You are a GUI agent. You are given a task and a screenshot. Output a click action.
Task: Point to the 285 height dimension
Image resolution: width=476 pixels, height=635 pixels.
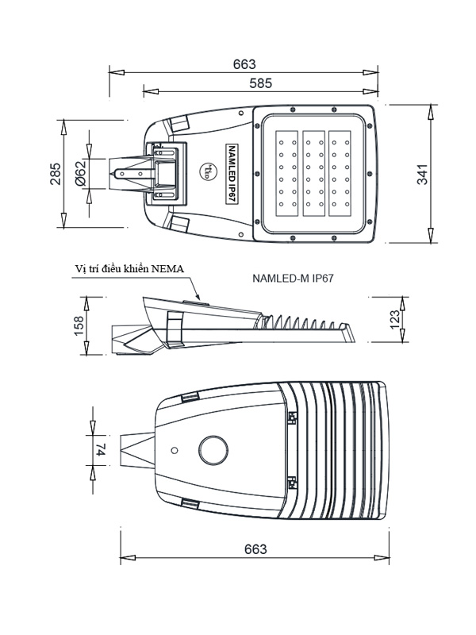[x=55, y=174]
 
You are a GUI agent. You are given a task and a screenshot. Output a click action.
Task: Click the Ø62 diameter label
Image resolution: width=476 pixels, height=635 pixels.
[x=80, y=174]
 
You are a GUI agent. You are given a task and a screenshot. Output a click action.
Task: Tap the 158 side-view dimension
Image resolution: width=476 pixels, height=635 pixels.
[x=79, y=326]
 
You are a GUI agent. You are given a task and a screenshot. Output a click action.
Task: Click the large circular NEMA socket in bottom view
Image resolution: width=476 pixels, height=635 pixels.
[x=212, y=448]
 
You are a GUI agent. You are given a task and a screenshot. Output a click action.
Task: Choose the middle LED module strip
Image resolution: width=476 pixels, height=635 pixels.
[x=315, y=173]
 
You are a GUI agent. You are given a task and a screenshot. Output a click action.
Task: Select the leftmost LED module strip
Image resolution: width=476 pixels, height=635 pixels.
[x=285, y=173]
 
